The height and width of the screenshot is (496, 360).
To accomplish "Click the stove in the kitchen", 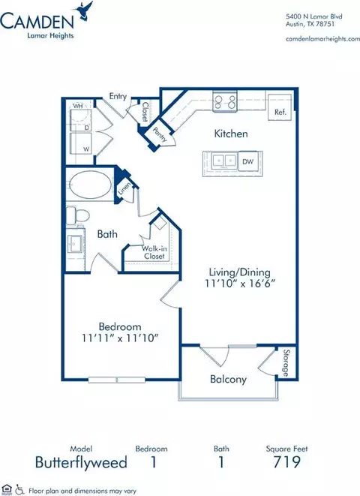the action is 225,101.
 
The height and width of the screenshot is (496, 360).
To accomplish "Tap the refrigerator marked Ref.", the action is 280,107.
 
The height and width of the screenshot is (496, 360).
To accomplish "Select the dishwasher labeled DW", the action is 248,161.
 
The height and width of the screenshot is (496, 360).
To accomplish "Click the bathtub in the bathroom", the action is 90,185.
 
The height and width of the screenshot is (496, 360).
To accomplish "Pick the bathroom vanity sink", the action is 75,244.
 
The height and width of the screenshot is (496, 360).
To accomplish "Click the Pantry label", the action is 160,134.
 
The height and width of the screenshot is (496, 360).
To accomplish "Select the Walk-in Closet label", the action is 154,252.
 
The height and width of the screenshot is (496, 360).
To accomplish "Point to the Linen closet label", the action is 124,189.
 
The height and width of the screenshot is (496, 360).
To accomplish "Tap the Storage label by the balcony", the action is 286,363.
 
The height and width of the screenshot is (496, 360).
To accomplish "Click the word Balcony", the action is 228,379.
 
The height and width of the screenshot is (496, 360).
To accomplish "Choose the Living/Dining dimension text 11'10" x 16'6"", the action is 240,284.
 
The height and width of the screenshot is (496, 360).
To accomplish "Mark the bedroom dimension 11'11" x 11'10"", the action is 120,338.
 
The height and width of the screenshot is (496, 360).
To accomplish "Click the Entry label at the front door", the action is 118,96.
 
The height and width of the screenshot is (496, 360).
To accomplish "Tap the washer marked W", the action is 81,144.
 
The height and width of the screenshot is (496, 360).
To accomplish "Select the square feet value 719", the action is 287,462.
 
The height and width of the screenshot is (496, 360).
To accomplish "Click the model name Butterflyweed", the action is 81,462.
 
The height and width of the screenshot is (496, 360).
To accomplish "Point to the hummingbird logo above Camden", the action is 84,11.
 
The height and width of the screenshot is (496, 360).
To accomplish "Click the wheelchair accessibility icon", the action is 20,489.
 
